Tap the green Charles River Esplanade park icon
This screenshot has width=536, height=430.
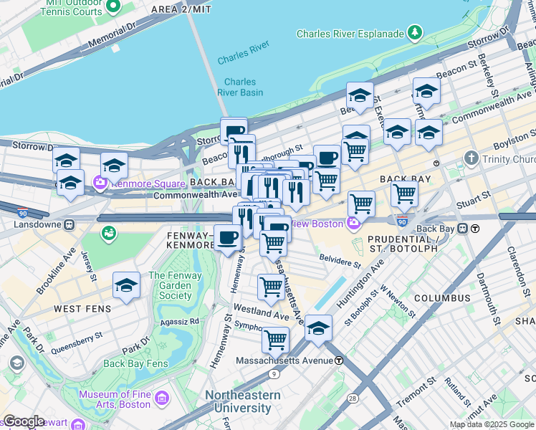(414, 32)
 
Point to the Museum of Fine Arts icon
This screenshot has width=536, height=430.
(163, 398)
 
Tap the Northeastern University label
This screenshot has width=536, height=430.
(239, 401)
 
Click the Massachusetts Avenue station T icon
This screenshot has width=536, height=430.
(339, 360)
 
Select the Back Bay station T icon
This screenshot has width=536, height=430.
(475, 229)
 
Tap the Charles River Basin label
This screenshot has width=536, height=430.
(241, 87)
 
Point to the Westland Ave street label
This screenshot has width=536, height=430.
(260, 313)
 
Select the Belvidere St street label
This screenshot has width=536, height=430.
(340, 263)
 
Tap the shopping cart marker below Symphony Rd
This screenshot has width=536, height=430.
(275, 339)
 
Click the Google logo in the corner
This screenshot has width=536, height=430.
(24, 421)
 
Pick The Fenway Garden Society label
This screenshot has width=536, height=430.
(176, 285)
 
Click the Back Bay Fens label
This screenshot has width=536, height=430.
(135, 363)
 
